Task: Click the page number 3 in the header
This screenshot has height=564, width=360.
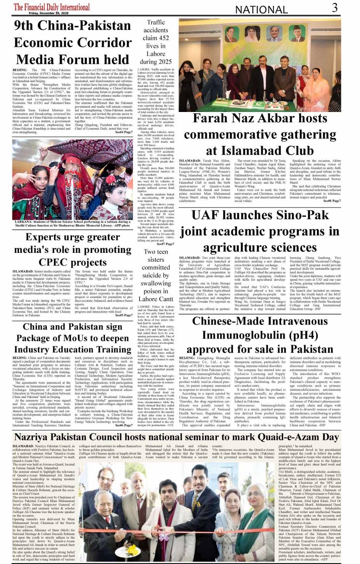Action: pyautogui.click(x=334, y=8)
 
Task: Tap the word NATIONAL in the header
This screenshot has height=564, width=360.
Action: pyautogui.click(x=261, y=10)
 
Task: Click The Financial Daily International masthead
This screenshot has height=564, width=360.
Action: pyautogui.click(x=52, y=7)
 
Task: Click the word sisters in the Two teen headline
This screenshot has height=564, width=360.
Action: pyautogui.click(x=156, y=259)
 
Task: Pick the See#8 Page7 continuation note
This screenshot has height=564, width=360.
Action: pyautogui.click(x=332, y=201)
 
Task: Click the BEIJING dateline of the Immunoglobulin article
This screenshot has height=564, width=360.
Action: pyautogui.click(x=187, y=358)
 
